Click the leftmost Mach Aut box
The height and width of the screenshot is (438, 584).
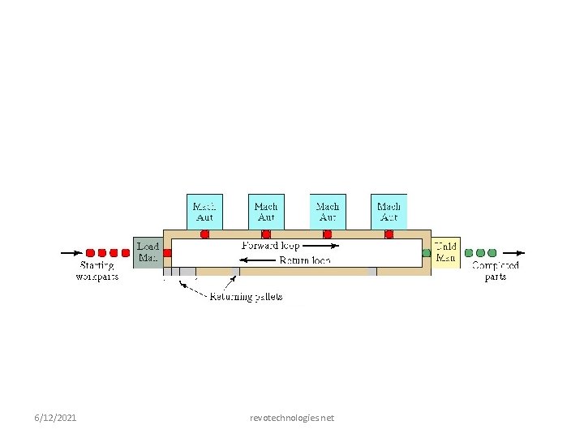point(204,212)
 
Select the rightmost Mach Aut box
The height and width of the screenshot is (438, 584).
point(389,212)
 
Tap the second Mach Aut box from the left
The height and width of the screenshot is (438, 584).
point(266,212)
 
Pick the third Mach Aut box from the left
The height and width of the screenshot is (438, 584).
point(328,212)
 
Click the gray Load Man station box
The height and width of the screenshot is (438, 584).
point(148,252)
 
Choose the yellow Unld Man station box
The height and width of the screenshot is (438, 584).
point(445,252)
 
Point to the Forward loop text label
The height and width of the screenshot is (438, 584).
point(270,245)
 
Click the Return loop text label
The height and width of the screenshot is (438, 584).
point(304,260)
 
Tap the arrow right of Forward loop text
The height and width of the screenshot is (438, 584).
point(320,245)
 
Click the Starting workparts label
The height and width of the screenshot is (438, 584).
point(97,271)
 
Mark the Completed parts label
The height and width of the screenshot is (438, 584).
point(495,271)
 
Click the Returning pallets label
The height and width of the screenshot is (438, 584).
point(247,297)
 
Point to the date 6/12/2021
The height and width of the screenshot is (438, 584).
point(56,418)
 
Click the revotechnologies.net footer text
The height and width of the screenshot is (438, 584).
point(292,418)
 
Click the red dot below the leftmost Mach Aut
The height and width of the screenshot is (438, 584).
point(204,234)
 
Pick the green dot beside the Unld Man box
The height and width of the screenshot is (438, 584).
point(427,253)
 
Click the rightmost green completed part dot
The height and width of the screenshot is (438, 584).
point(492,253)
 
